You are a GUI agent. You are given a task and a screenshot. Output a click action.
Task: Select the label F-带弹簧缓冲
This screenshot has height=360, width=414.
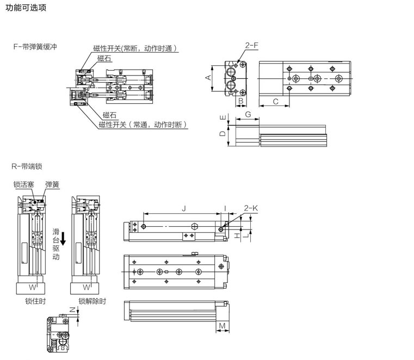point(36,47)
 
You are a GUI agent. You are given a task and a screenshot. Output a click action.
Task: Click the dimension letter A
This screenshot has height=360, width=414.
point(208,78)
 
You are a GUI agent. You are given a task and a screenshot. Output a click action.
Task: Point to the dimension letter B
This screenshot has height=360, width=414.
point(240,101)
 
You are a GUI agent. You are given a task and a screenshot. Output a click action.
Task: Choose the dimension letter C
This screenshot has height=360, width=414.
point(275,101)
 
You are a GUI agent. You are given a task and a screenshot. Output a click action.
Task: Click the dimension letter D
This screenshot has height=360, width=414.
point(221,134)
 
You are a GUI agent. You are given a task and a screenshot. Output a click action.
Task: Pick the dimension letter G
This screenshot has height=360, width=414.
point(248,114)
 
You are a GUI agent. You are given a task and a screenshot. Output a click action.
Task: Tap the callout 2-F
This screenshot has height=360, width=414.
point(251,47)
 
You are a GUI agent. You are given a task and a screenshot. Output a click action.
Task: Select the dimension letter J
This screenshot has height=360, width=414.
point(184,208)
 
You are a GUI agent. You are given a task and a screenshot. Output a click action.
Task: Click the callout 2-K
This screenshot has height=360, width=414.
point(251,208)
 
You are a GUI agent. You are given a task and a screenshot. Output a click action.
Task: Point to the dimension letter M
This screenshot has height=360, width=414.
point(223,326)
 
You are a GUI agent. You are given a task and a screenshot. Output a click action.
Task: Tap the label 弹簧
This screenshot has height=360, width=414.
point(52,185)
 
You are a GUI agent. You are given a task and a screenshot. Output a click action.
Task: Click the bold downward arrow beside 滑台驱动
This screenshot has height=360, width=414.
point(63,238)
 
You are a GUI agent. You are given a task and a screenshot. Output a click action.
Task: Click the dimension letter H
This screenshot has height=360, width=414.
point(237,235)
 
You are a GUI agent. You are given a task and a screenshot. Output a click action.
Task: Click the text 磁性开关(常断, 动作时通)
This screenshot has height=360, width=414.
point(135,48)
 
